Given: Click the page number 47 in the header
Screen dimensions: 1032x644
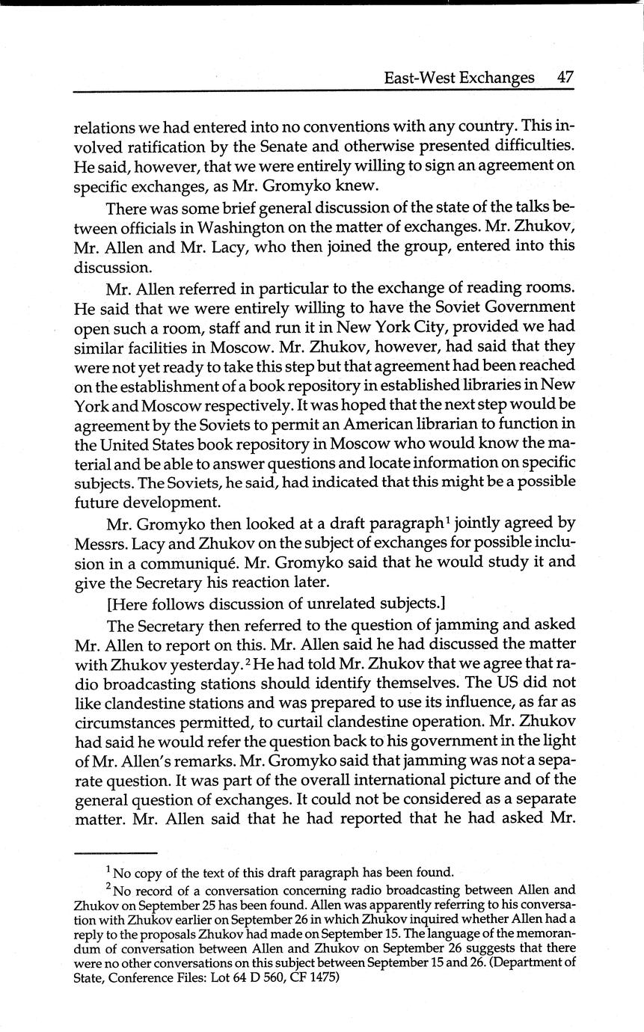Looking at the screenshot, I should point(565,77).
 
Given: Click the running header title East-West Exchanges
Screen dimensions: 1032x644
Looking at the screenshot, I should point(459,77).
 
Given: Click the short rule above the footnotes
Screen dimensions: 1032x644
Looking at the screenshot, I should point(116,853).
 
